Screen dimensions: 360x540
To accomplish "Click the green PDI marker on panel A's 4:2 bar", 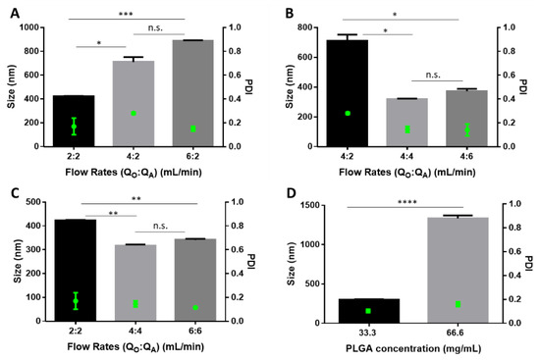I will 134,114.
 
